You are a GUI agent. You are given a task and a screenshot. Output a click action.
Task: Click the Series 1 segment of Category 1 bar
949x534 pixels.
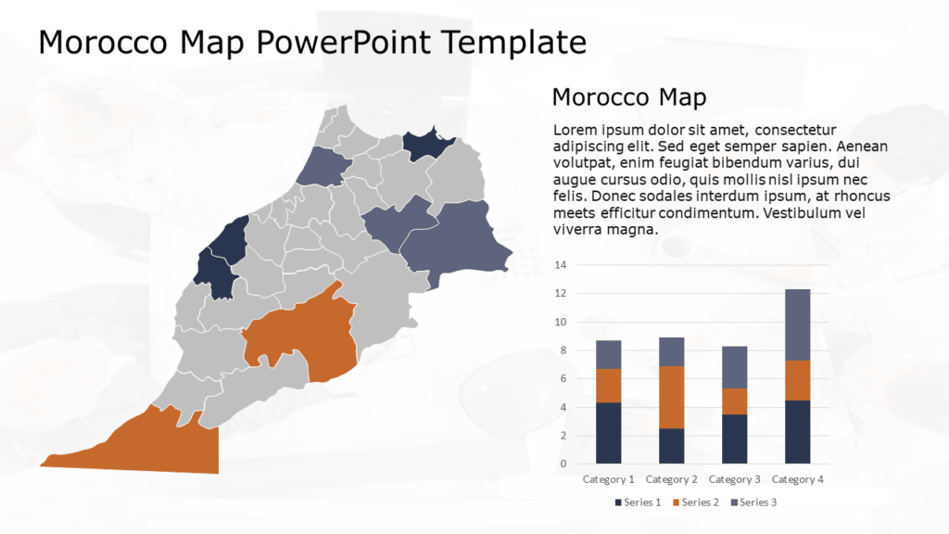pos(608,432)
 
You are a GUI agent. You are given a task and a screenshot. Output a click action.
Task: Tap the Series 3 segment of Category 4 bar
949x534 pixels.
pos(797,324)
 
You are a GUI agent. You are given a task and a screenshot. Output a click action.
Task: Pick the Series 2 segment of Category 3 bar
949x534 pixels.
pos(734,400)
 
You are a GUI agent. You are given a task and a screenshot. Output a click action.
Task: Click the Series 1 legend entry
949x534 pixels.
pos(639,502)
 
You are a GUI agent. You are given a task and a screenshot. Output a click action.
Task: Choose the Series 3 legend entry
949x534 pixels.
pos(753,502)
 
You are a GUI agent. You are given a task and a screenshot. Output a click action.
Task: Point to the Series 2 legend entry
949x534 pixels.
pos(696,502)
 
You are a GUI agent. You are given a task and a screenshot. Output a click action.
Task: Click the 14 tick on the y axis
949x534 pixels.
pos(560,265)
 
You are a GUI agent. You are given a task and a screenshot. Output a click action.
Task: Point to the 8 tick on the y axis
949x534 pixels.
pos(561,350)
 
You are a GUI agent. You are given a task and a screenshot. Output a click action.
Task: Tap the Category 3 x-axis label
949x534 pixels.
pos(734,479)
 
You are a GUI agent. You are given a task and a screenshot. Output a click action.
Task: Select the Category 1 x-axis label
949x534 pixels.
pos(608,479)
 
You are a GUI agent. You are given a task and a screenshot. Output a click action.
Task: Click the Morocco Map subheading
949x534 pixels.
pos(628,97)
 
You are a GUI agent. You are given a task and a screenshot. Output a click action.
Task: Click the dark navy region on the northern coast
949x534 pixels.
pos(424,145)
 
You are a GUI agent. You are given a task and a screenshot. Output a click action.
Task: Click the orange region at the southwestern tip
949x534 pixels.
pos(158,445)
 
